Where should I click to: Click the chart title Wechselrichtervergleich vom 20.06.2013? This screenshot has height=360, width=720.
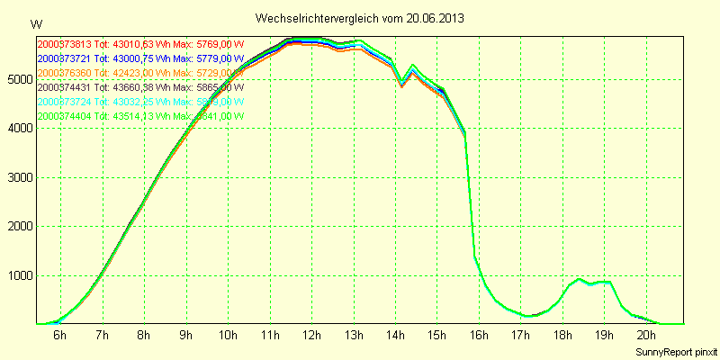[359, 18]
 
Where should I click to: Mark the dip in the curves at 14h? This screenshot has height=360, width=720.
[401, 85]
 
